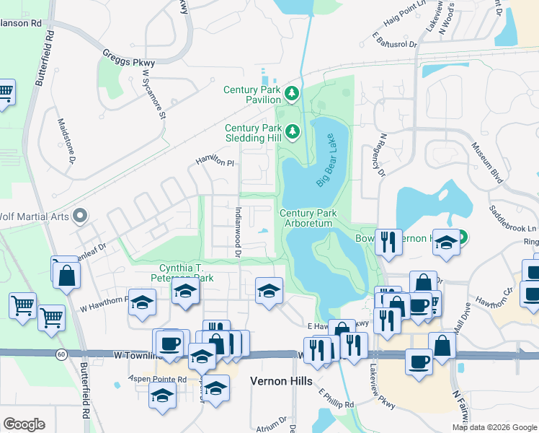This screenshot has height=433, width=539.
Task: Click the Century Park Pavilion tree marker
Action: click(292, 92)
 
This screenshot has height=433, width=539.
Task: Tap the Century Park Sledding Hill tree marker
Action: click(292, 131)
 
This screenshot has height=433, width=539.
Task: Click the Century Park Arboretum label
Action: click(306, 219)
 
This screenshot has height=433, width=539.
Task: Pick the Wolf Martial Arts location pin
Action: click(80, 215)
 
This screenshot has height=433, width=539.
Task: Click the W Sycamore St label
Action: click(154, 94)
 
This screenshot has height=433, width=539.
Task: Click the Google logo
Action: click(24, 424)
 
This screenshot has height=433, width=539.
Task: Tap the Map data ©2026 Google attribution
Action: click(494, 427)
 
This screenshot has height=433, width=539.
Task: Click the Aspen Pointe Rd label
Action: click(157, 379)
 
